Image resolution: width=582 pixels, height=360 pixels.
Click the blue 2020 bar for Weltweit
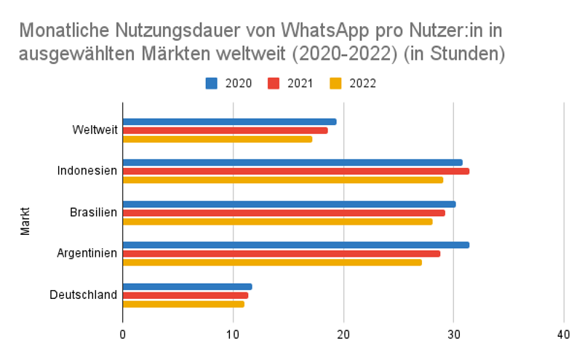pyautogui.click(x=229, y=122)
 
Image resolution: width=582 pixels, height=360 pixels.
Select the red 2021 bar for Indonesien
pyautogui.click(x=295, y=172)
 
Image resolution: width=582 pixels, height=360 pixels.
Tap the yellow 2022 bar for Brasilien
pyautogui.click(x=277, y=221)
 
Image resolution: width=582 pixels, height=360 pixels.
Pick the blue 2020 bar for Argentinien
pyautogui.click(x=295, y=245)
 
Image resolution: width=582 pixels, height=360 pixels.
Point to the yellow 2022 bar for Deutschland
pyautogui.click(x=183, y=303)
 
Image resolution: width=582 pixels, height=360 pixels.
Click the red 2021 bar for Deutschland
pyautogui.click(x=185, y=295)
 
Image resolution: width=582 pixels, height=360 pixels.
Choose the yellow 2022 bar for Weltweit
pyautogui.click(x=217, y=139)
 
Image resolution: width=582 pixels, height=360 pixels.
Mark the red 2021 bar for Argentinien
pyautogui.click(x=281, y=254)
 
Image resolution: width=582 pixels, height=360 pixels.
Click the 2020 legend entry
pyautogui.click(x=229, y=83)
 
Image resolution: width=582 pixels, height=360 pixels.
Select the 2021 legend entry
pyautogui.click(x=290, y=83)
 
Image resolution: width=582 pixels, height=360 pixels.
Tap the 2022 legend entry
pyautogui.click(x=353, y=83)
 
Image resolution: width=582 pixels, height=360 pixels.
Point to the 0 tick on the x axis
pyautogui.click(x=122, y=335)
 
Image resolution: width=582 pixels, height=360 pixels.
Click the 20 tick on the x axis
pyautogui.click(x=343, y=335)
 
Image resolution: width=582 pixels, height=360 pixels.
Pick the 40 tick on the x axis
pyautogui.click(x=564, y=335)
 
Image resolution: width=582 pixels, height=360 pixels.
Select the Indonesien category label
pyautogui.click(x=87, y=171)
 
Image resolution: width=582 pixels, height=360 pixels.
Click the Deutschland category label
pyautogui.click(x=83, y=295)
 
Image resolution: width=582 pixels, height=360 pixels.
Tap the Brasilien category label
pyautogui.click(x=93, y=212)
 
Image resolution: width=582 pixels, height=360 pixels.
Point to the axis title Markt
pyautogui.click(x=25, y=221)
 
